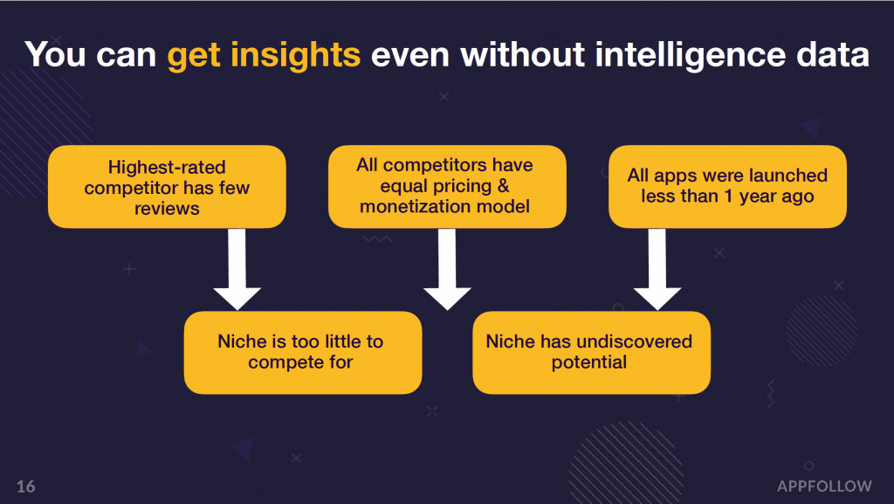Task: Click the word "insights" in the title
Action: [x=295, y=56]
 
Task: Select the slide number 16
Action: [x=25, y=487]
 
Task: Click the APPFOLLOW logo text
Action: [x=824, y=487]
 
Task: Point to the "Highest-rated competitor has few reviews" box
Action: [x=167, y=187]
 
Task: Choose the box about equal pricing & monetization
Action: [x=447, y=187]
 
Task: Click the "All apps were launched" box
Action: [x=727, y=187]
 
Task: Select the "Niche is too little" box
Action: [x=303, y=352]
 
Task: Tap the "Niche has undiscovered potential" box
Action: [x=591, y=352]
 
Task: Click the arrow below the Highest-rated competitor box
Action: [x=237, y=269]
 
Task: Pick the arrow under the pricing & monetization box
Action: [x=447, y=269]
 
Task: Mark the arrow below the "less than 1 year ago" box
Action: [x=657, y=269]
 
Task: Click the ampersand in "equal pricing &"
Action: [x=503, y=186]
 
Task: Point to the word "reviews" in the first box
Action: [x=167, y=209]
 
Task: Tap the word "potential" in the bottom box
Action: [x=589, y=362]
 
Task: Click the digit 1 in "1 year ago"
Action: [x=728, y=197]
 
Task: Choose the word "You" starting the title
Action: [x=55, y=55]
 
